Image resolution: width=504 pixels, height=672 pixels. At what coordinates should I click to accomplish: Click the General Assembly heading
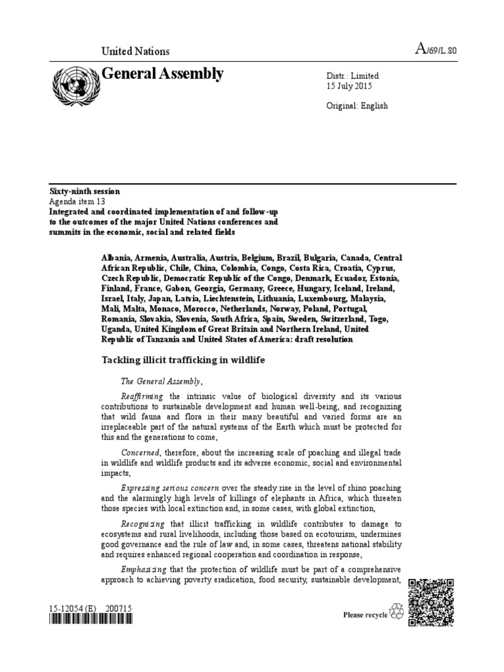click(162, 74)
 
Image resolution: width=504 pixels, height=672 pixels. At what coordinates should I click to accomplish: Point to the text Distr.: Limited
click(352, 76)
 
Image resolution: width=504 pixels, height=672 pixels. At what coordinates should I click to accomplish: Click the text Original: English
click(357, 106)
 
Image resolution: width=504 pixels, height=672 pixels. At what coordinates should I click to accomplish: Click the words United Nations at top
click(135, 51)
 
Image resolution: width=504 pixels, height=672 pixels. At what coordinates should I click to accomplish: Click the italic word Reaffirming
click(144, 397)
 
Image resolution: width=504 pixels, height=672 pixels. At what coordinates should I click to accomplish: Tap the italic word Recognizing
click(144, 523)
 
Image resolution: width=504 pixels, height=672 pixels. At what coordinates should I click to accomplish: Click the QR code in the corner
click(431, 602)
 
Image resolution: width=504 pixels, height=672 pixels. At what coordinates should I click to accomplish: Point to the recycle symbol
click(397, 612)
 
